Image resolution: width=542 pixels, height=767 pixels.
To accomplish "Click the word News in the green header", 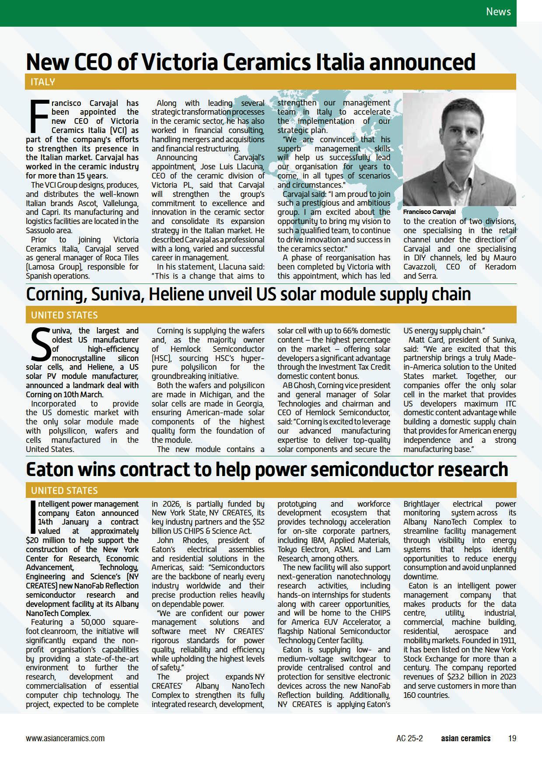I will tap(498, 11).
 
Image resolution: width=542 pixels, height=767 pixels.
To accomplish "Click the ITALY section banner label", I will tap(43, 82).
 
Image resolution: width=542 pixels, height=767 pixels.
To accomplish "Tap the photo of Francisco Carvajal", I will tap(459, 149).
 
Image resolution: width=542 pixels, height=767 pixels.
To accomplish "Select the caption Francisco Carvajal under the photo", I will tap(429, 212).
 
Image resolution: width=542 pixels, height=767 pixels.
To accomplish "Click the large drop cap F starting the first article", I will tap(37, 116).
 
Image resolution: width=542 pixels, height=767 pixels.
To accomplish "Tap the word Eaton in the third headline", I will tap(49, 469).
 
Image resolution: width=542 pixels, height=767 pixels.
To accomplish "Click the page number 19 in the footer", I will tap(512, 738).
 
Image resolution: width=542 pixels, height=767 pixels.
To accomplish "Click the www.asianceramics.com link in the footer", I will tap(65, 738).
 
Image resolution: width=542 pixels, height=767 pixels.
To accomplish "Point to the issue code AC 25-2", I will tap(409, 738).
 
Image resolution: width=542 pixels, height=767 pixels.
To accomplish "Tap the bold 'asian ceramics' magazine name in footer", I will tap(465, 738).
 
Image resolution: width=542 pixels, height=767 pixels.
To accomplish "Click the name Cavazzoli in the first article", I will tap(422, 267).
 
